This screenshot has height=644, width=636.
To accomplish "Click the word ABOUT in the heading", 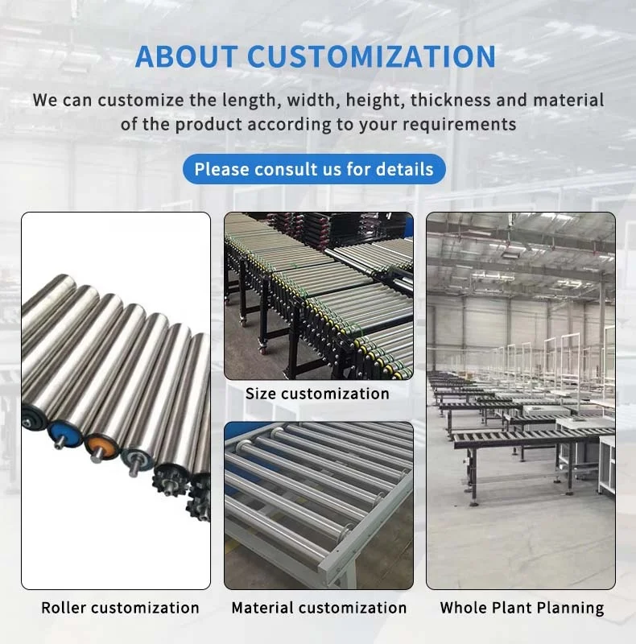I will pyautogui.click(x=187, y=56).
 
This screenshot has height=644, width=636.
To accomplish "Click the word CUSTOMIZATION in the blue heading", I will pyautogui.click(x=371, y=56).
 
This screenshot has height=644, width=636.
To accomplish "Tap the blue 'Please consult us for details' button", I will pyautogui.click(x=314, y=169).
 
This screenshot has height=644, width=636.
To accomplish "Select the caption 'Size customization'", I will pyautogui.click(x=317, y=394).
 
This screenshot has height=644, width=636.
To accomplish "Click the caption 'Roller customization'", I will pyautogui.click(x=120, y=608).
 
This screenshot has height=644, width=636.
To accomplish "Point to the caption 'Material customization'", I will pyautogui.click(x=319, y=608).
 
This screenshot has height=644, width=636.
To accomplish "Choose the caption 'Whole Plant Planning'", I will pyautogui.click(x=522, y=608).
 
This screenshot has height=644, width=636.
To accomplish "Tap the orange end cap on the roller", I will pyautogui.click(x=101, y=445).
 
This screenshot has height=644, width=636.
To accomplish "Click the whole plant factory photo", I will pyautogui.click(x=520, y=400).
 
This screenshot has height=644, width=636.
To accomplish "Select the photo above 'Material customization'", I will pyautogui.click(x=319, y=505).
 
